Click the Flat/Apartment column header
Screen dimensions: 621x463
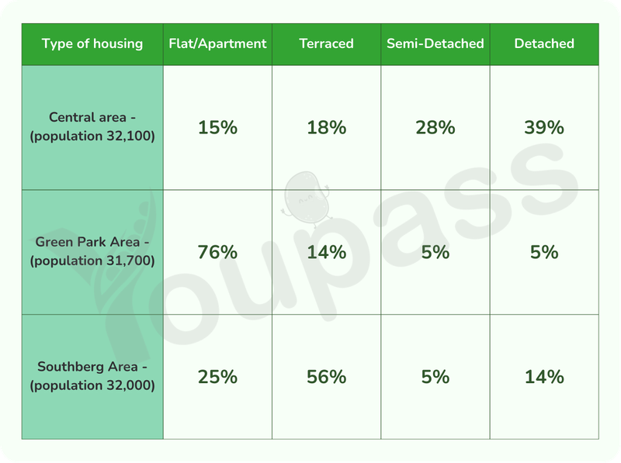217,43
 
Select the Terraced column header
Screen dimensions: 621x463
326,43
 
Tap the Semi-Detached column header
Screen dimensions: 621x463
435,43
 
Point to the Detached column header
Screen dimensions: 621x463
544,43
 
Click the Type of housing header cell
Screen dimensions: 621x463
92,43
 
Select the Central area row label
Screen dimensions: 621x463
92,126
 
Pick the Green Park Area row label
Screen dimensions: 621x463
92,251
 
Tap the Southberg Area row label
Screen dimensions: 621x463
92,376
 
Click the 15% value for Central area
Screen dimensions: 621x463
217,127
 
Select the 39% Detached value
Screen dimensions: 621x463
544,127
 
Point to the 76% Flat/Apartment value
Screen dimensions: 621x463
217,252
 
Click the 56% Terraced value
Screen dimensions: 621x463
326,377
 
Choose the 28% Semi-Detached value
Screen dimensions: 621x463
435,127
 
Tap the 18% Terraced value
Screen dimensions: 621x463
326,127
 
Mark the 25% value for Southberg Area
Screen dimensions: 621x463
217,377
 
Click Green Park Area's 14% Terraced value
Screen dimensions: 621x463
326,252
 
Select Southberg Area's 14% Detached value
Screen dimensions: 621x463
544,377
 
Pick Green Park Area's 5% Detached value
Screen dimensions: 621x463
544,252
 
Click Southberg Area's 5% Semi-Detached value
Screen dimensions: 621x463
435,377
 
